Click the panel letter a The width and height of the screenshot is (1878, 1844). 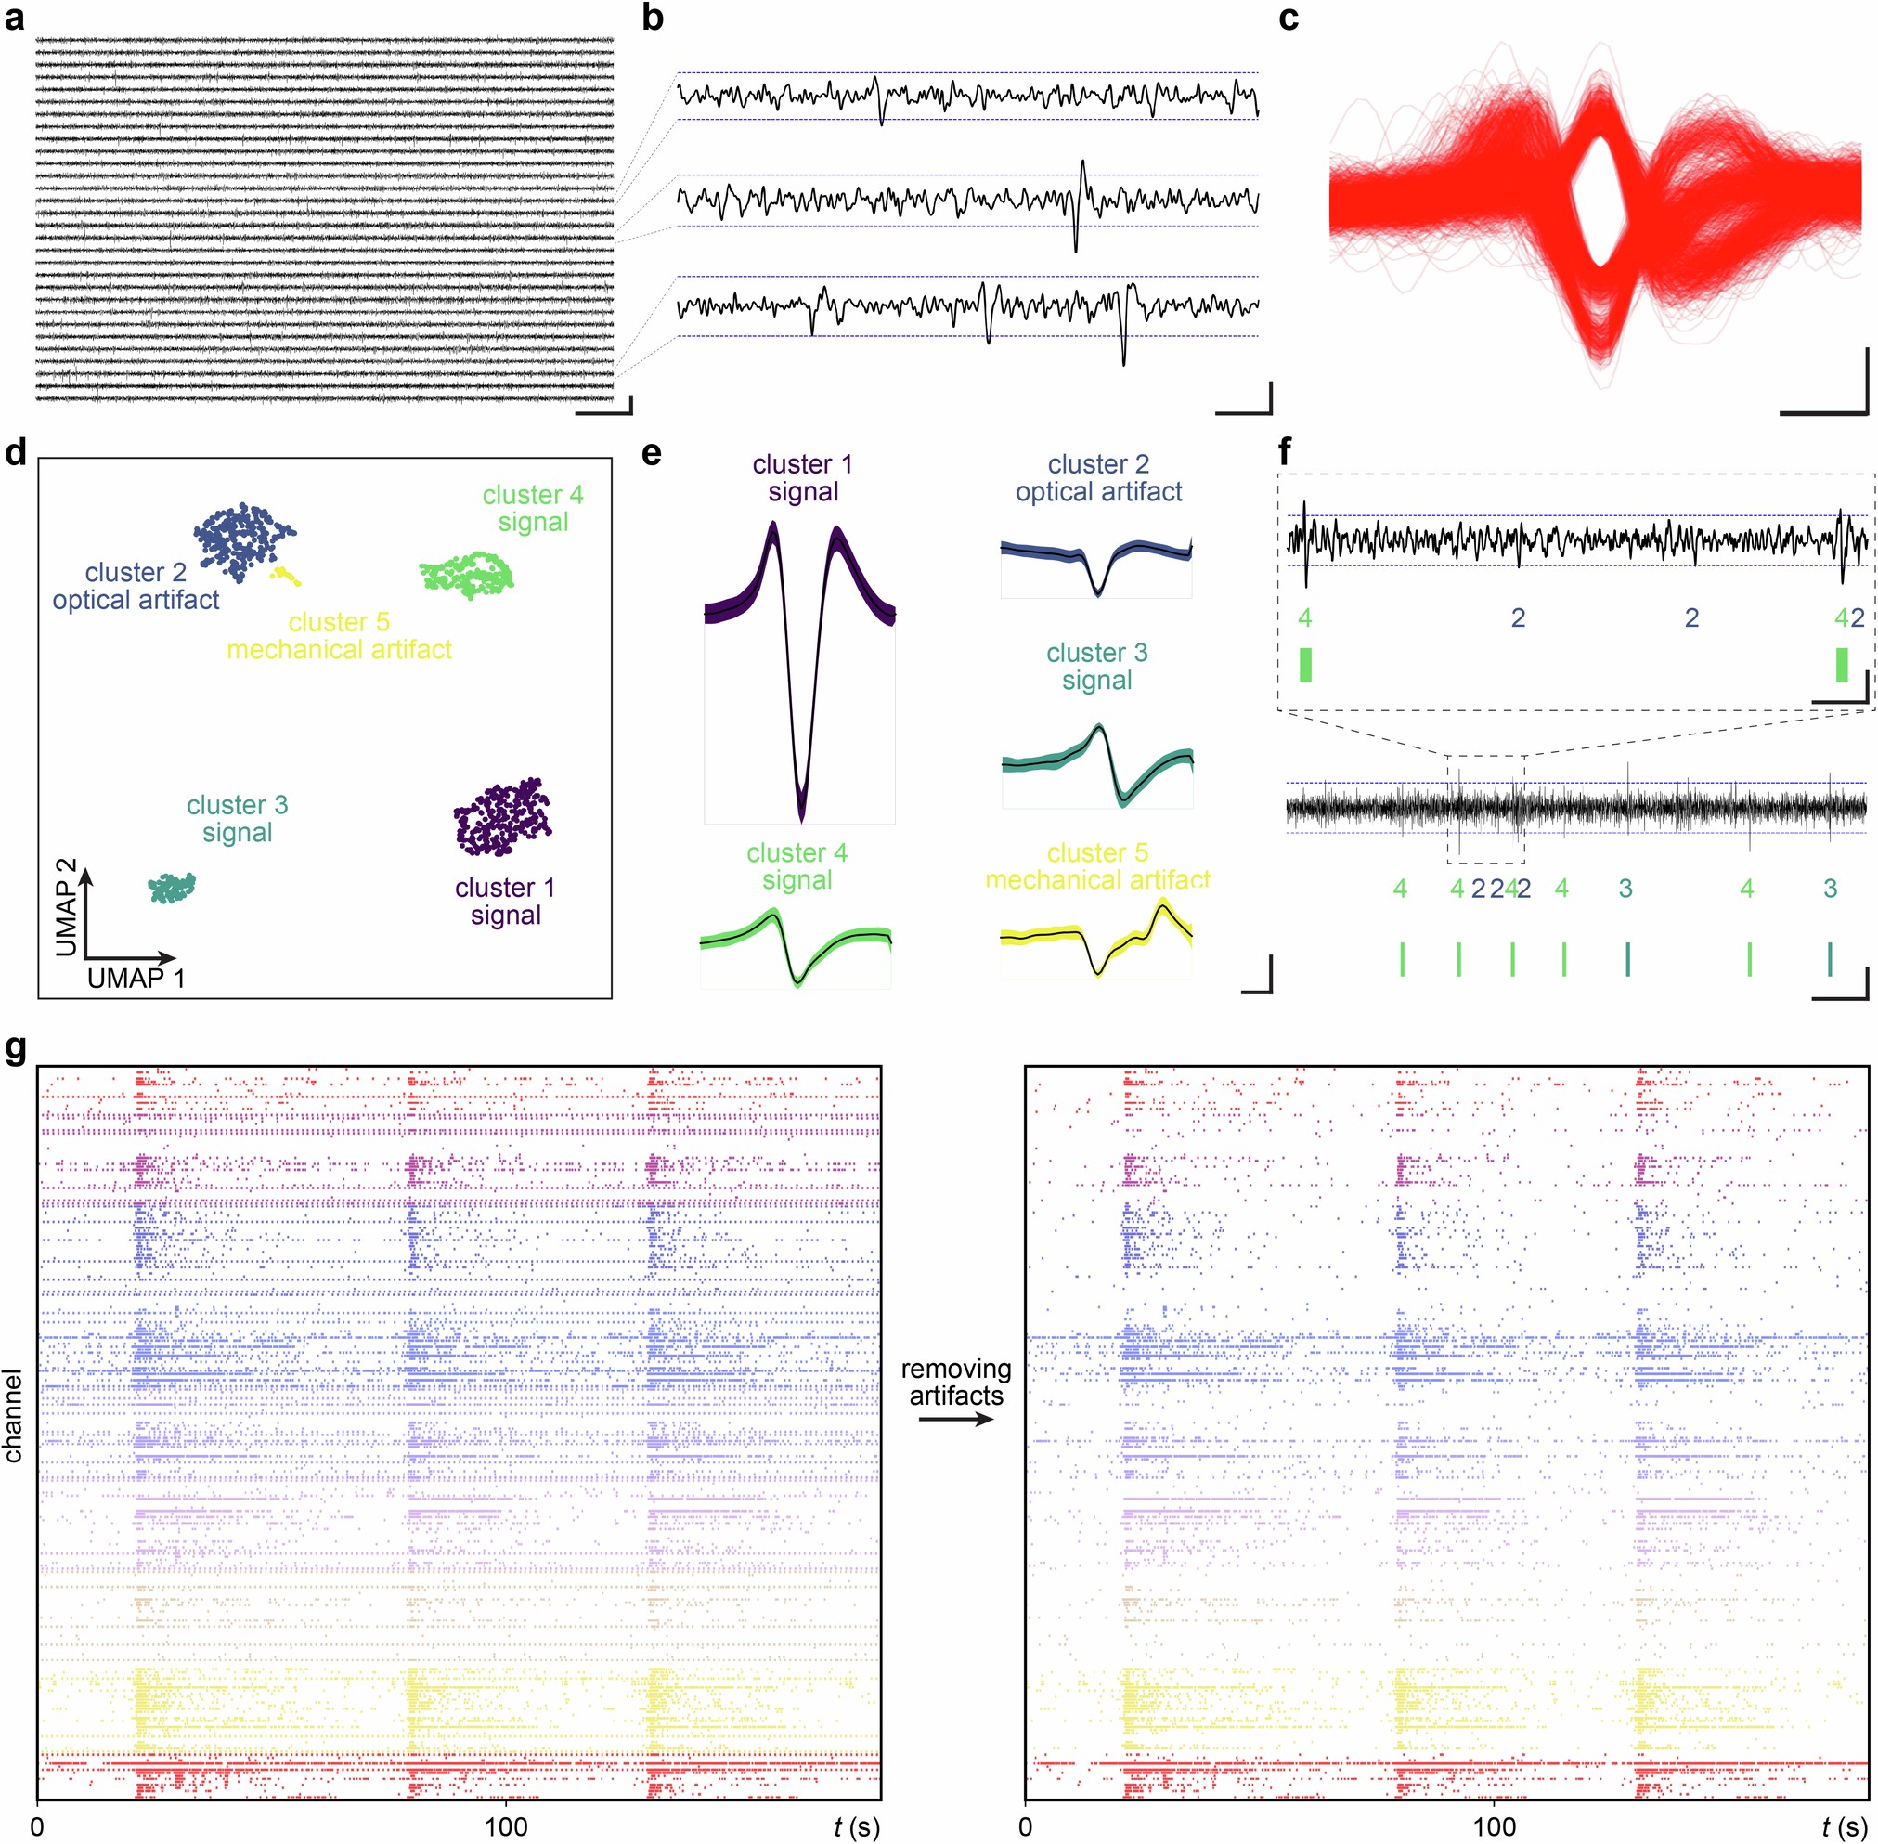pos(15,19)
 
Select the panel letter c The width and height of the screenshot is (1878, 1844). pos(1289,19)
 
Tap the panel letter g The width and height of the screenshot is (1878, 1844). pos(15,1052)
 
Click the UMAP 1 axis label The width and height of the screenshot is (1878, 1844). pos(136,978)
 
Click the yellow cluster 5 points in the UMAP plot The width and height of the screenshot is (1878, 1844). pos(285,577)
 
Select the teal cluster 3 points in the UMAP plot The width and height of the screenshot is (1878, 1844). pos(173,886)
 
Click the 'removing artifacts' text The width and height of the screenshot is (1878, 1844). pos(956,1382)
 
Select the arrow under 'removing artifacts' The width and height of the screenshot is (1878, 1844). pos(956,1420)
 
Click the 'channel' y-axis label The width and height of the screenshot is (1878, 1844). pos(13,1415)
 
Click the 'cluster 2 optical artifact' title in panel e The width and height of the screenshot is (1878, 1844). pos(1098,477)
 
